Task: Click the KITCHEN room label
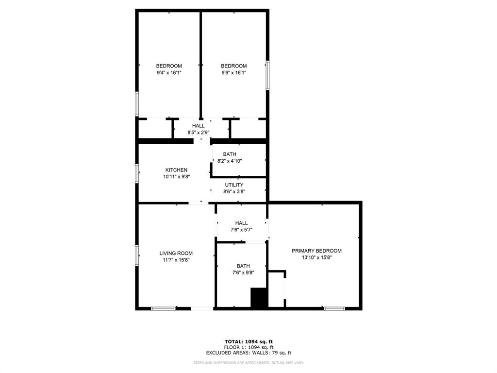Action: pos(176,170)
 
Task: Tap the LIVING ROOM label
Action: pos(176,253)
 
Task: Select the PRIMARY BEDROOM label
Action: pos(316,251)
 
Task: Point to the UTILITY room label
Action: pos(234,185)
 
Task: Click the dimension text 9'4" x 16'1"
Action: pos(169,73)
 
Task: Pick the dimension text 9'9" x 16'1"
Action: pos(234,73)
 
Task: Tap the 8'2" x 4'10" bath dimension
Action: pos(230,161)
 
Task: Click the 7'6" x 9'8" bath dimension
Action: pos(243,272)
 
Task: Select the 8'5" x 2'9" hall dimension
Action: pos(198,132)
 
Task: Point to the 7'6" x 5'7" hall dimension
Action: pos(241,230)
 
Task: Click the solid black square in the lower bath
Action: pos(259,298)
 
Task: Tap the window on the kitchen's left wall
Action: pos(137,173)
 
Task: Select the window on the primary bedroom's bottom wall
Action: pos(334,308)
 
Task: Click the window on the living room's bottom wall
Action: pos(164,308)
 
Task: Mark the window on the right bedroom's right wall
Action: pos(267,75)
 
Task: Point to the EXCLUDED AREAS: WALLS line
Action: pos(248,353)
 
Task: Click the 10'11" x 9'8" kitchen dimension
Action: pos(176,177)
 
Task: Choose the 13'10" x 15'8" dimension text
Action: pos(316,257)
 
